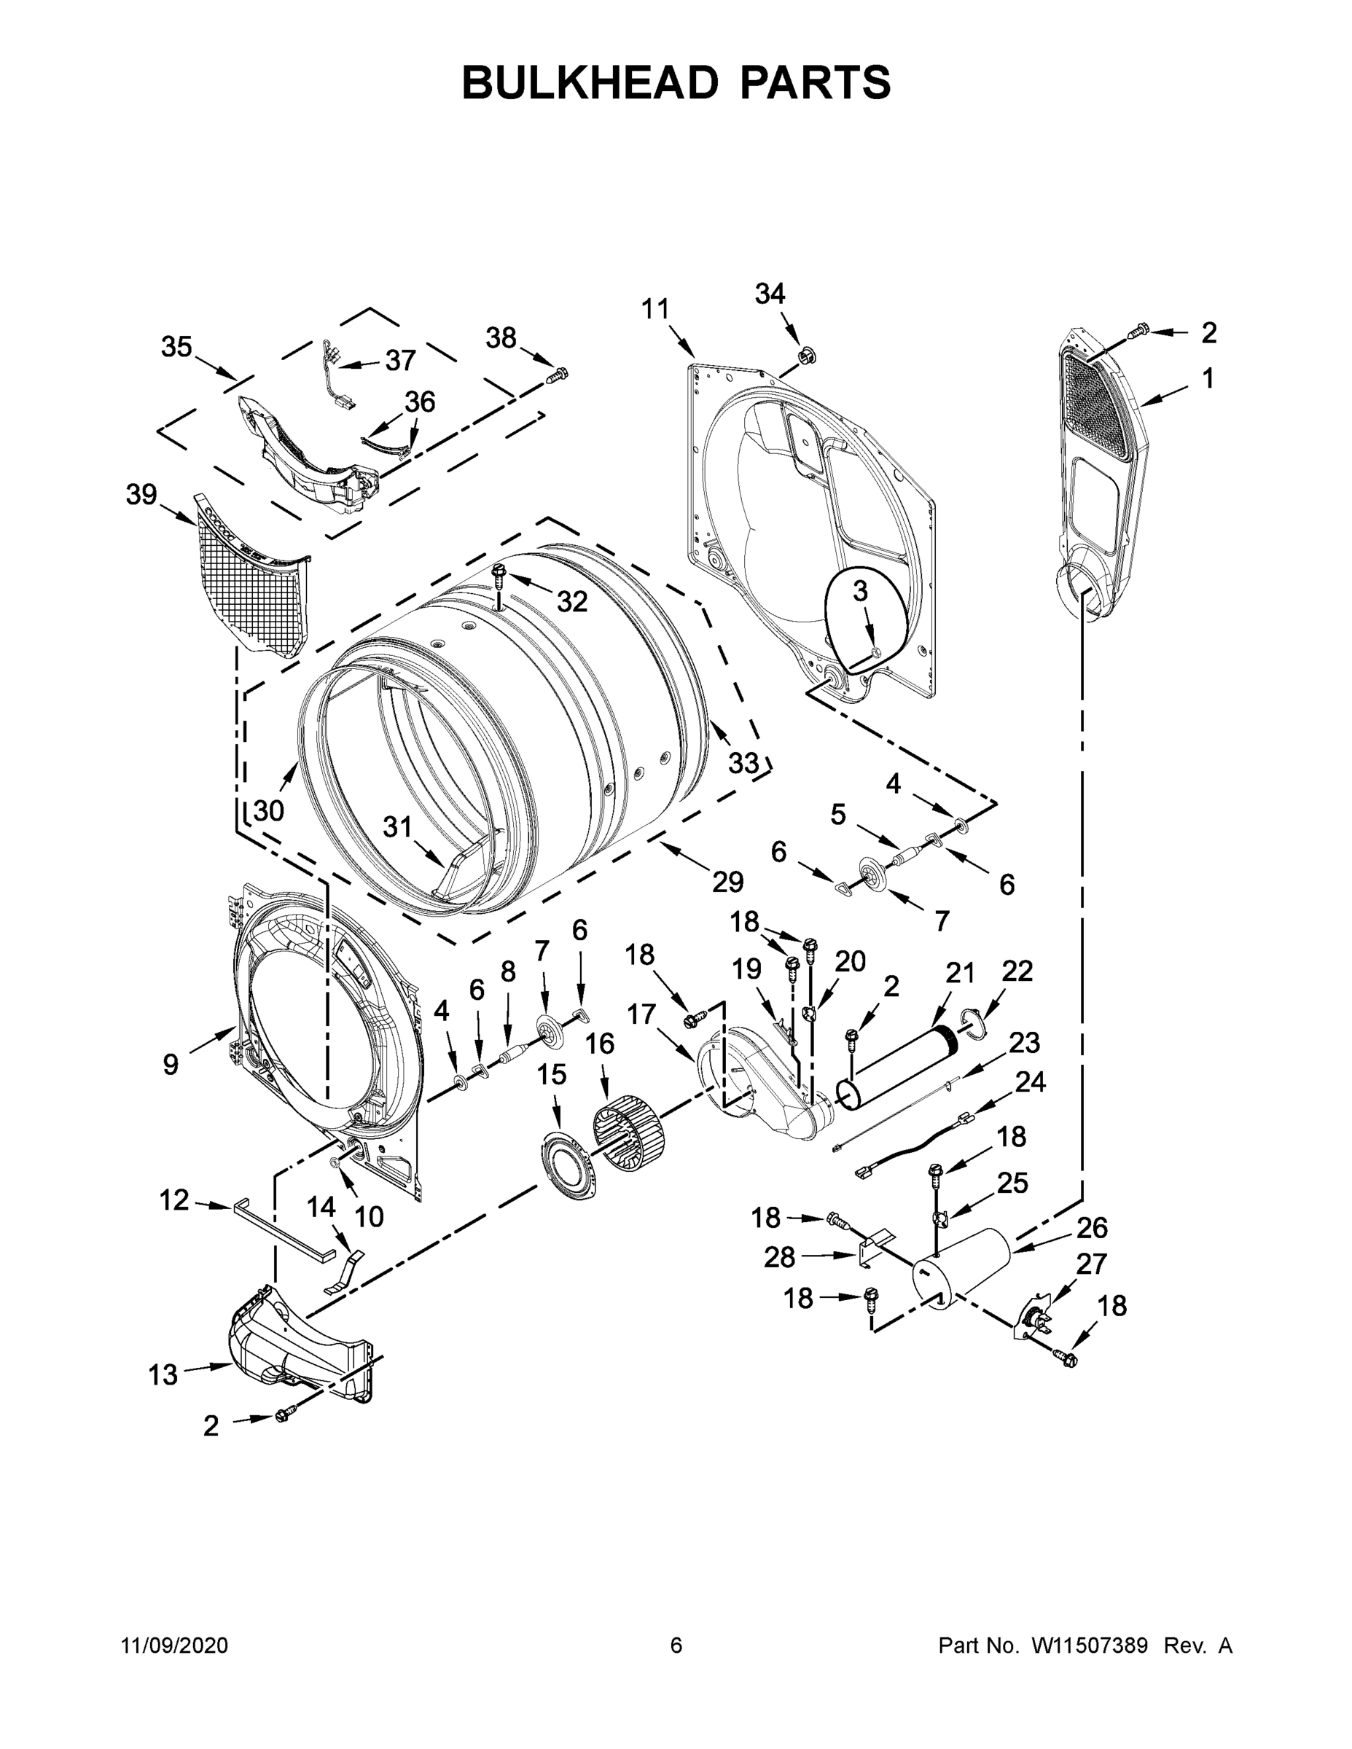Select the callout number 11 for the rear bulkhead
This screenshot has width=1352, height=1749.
click(x=655, y=308)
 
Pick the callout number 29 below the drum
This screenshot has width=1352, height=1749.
click(x=727, y=882)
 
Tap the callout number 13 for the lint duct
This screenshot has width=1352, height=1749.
click(x=163, y=1374)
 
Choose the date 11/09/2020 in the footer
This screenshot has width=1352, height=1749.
click(x=175, y=1645)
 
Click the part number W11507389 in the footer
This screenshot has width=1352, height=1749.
click(x=1090, y=1645)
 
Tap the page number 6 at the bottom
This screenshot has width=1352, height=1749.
click(x=676, y=1645)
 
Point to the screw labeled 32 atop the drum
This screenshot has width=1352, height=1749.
click(x=500, y=574)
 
